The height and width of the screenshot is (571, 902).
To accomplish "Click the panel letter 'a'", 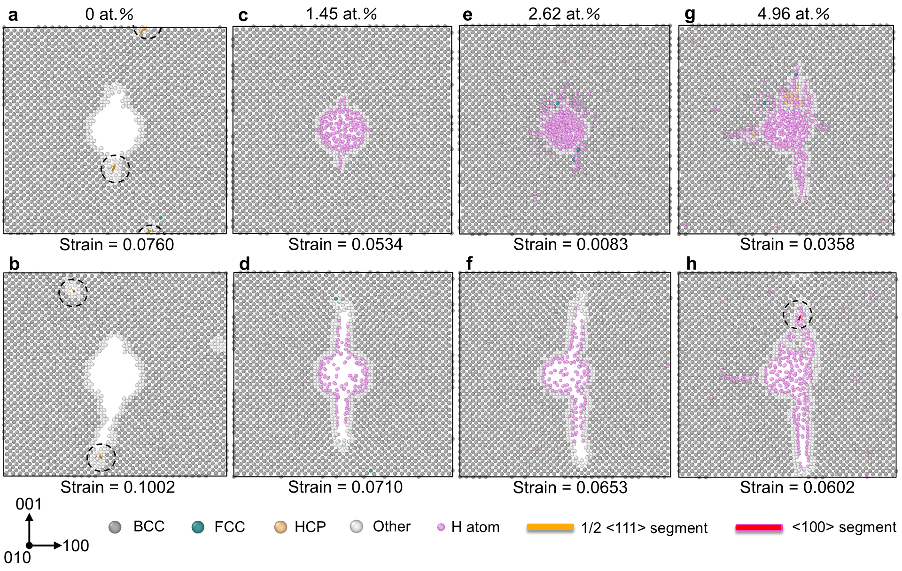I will [13, 15].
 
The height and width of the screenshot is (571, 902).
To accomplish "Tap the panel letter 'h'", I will [691, 264].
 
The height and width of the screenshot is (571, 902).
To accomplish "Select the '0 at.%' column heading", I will [109, 14].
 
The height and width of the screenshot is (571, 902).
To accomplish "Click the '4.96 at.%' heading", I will [793, 14].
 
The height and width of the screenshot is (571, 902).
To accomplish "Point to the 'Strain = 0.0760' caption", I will [117, 245].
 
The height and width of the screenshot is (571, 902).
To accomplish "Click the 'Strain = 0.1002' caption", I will [117, 487].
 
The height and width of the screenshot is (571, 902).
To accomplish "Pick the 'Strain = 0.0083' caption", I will [570, 245].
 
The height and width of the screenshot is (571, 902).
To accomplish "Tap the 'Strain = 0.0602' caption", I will [797, 487].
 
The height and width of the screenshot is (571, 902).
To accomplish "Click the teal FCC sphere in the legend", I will [198, 527].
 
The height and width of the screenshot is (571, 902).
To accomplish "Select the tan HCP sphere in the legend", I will [280, 527].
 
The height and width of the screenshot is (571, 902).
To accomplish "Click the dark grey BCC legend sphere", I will [115, 527].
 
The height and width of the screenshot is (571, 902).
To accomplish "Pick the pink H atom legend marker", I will [441, 527].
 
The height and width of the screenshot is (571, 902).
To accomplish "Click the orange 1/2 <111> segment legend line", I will [550, 527].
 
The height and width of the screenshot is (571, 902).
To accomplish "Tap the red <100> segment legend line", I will [759, 528].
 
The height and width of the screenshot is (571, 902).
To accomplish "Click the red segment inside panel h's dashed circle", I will [799, 318].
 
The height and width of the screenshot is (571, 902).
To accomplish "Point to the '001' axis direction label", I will [29, 504].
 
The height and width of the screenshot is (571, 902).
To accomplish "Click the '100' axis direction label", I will [76, 546].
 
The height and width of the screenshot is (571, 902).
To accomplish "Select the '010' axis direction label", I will [17, 558].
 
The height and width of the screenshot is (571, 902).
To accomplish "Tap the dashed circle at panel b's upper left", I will [73, 293].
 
